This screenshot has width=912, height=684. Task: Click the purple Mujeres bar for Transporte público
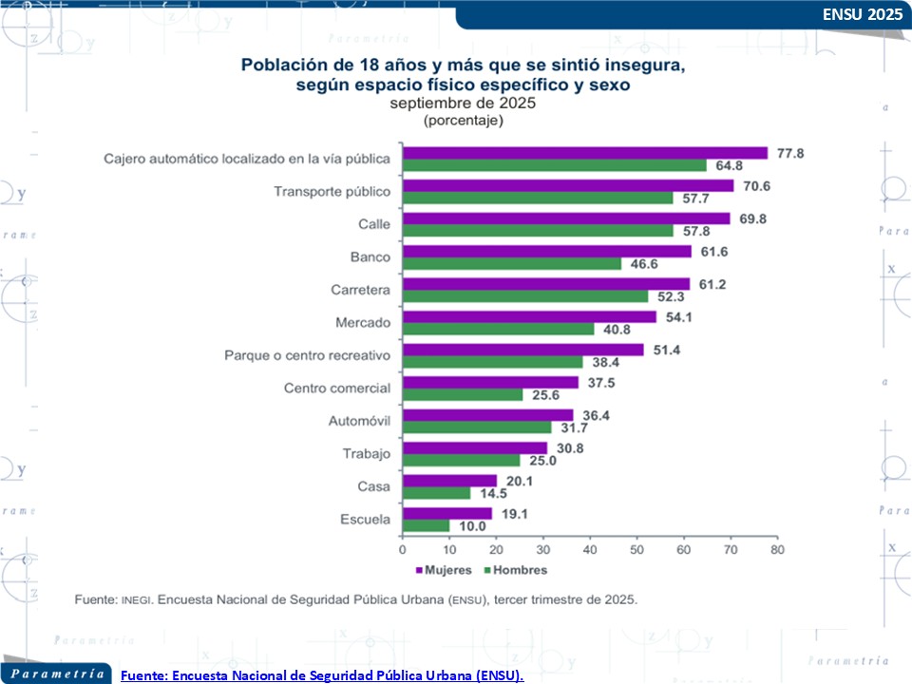(x=568, y=186)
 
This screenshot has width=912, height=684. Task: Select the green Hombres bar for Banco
(x=512, y=264)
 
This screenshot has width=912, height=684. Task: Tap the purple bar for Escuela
(x=447, y=513)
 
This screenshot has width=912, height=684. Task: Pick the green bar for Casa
(x=436, y=493)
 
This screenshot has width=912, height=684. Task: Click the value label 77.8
(x=790, y=153)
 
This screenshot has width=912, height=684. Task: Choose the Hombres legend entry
(x=514, y=570)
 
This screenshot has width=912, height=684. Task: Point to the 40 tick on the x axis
(x=590, y=549)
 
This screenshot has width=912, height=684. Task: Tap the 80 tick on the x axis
(x=776, y=549)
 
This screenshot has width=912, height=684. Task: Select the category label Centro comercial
(x=337, y=388)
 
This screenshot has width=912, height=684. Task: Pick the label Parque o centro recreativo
(x=307, y=355)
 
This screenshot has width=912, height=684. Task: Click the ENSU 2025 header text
(x=862, y=15)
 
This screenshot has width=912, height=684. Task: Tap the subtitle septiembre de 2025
(x=463, y=104)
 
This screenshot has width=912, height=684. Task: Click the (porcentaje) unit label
(x=463, y=121)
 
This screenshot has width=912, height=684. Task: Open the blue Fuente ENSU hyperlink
(x=322, y=674)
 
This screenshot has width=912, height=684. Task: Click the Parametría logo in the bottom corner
(x=57, y=674)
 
